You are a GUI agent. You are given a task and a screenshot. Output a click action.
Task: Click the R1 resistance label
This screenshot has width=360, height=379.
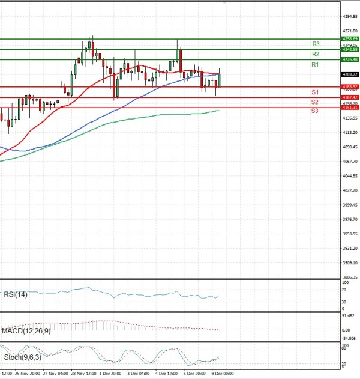[315, 64]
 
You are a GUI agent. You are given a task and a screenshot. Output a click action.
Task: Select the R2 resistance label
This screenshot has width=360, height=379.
[315, 54]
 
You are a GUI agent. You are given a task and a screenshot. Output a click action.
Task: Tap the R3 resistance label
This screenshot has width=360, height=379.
[315, 44]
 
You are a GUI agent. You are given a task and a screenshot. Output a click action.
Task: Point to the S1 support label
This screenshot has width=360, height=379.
[314, 92]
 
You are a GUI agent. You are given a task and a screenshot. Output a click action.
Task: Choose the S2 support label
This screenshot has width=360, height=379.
[314, 102]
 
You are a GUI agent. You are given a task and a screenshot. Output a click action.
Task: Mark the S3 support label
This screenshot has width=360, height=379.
[314, 111]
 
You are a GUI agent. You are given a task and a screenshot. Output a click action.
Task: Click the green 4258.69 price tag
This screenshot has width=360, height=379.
[350, 38]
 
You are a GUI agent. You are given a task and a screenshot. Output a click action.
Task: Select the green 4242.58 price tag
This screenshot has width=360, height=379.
[350, 49]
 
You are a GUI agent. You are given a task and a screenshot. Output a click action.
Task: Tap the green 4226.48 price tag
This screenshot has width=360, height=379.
[350, 59]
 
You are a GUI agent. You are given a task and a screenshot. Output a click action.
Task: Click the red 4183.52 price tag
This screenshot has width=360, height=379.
[350, 87]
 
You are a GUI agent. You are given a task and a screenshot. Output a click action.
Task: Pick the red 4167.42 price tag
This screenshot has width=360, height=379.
[350, 97]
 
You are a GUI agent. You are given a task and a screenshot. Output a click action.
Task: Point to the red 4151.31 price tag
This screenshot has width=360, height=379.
[350, 108]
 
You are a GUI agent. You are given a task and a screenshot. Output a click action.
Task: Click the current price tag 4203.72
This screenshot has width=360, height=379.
[350, 74]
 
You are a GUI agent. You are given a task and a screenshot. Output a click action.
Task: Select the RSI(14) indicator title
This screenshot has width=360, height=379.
[14, 294]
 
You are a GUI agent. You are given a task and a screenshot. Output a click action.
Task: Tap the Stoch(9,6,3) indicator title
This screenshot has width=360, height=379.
[19, 357]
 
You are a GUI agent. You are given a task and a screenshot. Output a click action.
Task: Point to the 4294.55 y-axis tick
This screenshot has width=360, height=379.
[350, 17]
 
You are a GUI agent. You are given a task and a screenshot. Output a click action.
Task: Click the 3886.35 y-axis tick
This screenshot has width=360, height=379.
[350, 277]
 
